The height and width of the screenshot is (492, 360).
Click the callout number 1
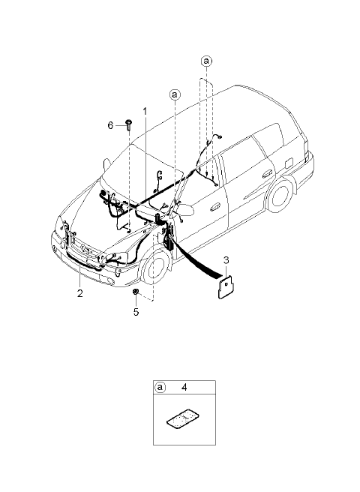pos(145,112)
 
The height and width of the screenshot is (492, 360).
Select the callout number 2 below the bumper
pos(80,293)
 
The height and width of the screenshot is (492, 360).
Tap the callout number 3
pos(226,260)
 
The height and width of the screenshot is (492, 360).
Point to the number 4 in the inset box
pos(184,387)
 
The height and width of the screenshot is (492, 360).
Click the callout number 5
pos(136,312)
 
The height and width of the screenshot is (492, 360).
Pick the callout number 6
pos(110,125)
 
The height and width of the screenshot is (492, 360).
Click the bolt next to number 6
pos(129,124)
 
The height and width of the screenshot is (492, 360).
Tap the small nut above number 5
pos(136,292)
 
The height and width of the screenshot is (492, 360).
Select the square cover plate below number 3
pos(226,286)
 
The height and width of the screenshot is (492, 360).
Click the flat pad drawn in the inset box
pos(183,418)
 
